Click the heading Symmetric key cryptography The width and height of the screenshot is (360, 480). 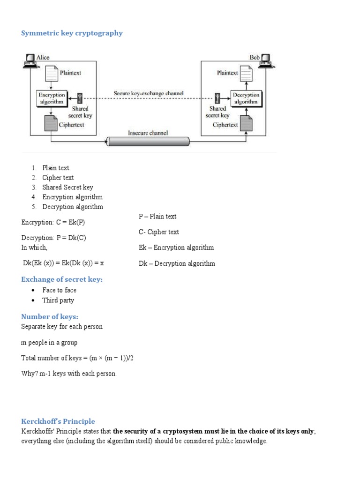tap(72, 33)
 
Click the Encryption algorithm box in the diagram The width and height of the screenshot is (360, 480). tap(51, 98)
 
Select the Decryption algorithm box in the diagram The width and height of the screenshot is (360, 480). tap(246, 98)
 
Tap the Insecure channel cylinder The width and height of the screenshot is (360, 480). tap(148, 141)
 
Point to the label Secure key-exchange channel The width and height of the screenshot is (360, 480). tap(149, 93)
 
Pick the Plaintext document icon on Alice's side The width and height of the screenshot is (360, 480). tap(51, 74)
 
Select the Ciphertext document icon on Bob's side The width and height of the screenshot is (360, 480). tap(247, 124)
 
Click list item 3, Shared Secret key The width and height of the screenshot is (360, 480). tap(67, 187)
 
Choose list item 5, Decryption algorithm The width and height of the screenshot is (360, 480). tap(72, 207)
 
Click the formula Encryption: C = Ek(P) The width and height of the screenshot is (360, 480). tap(53, 222)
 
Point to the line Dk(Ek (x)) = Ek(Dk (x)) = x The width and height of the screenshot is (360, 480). tap(63, 263)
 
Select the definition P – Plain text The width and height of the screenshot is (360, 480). tap(157, 217)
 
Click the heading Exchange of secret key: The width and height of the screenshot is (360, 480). tap(61, 279)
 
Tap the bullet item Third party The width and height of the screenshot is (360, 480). tap(58, 300)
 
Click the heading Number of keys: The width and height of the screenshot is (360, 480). tap(50, 317)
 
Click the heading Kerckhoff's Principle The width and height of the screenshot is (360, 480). tap(58, 421)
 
